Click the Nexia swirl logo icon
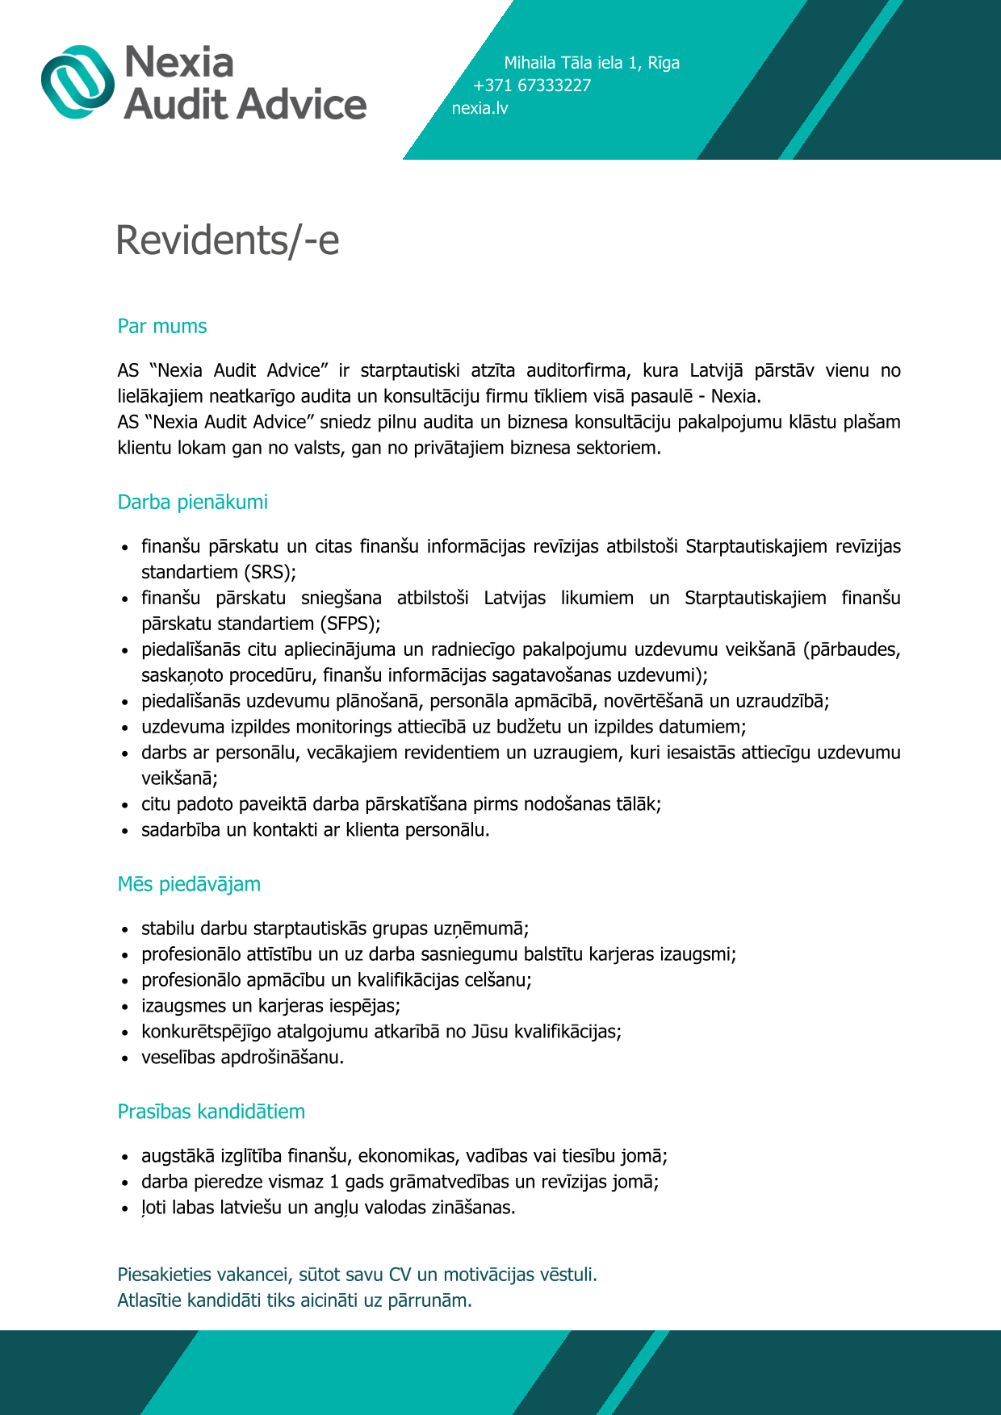pyautogui.click(x=78, y=82)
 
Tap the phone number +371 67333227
pyautogui.click(x=532, y=86)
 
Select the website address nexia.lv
pyautogui.click(x=480, y=108)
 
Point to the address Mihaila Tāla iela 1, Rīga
pyautogui.click(x=592, y=63)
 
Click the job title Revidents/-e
pyautogui.click(x=228, y=240)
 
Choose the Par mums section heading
pyautogui.click(x=162, y=327)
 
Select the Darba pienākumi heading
pyautogui.click(x=192, y=503)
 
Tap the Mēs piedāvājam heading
pyautogui.click(x=189, y=884)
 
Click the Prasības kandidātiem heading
pyautogui.click(x=212, y=1112)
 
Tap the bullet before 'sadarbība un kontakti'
pyautogui.click(x=125, y=831)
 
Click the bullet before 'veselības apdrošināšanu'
pyautogui.click(x=125, y=1058)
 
